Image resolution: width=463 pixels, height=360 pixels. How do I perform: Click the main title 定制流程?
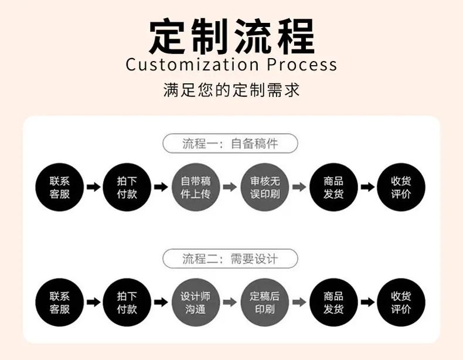tap(231, 36)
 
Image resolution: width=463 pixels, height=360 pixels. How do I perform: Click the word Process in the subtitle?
tap(302, 64)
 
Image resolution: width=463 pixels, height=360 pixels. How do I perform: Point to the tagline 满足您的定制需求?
tap(231, 90)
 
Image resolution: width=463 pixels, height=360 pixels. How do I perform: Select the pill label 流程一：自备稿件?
tap(230, 144)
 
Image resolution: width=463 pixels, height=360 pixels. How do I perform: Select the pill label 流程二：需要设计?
tap(230, 259)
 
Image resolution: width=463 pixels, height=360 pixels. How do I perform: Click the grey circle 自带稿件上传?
tap(196, 187)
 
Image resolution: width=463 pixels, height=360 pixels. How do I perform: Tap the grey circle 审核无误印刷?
tap(265, 187)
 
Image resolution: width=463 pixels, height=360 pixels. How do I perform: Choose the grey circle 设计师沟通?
tap(196, 302)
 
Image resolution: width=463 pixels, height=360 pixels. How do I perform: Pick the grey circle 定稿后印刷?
tap(265, 302)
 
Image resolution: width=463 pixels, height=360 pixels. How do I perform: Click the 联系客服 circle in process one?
tap(60, 187)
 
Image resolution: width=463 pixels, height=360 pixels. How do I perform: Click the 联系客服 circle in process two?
tap(60, 302)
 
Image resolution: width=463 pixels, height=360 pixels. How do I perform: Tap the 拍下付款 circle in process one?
tap(127, 187)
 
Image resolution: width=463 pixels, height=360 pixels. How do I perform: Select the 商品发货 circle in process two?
tap(333, 302)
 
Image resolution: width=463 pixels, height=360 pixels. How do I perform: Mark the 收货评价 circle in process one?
tap(401, 187)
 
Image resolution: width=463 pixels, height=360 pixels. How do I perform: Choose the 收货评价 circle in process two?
tap(401, 302)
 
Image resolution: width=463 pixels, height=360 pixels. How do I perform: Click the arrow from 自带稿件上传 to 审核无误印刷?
tap(230, 187)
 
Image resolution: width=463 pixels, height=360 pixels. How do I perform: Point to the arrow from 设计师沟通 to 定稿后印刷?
tap(230, 302)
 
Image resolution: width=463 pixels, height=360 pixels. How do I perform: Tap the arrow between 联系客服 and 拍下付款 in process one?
tap(94, 187)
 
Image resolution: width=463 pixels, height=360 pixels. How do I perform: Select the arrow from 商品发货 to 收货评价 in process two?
tap(367, 302)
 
